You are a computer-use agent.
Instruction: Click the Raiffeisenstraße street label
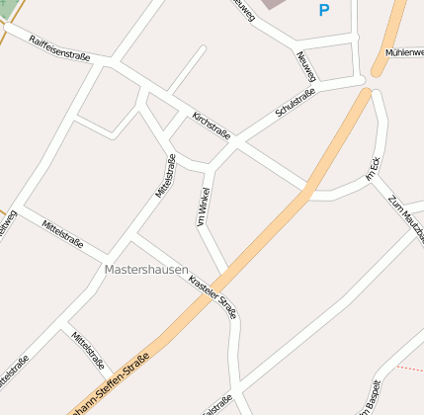(59, 48)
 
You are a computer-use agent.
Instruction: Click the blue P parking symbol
(323, 11)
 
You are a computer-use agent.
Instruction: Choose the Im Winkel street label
(204, 207)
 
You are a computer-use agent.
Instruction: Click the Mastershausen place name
(145, 269)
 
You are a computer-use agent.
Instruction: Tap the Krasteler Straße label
(212, 288)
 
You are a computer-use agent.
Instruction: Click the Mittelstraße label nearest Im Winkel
(164, 176)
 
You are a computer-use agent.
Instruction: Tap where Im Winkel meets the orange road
(230, 270)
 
